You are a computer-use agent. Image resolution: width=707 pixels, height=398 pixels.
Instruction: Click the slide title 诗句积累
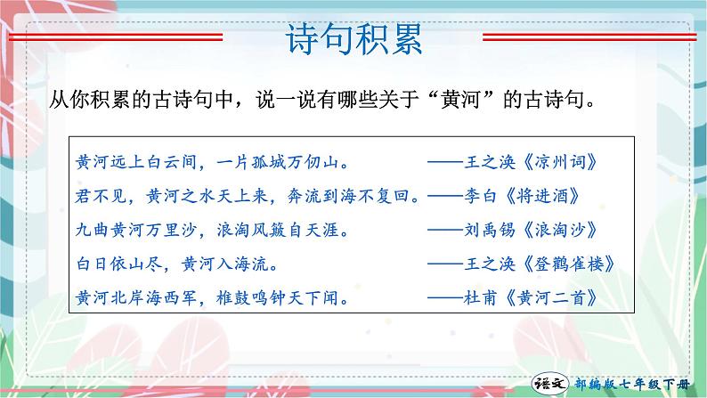353,41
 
